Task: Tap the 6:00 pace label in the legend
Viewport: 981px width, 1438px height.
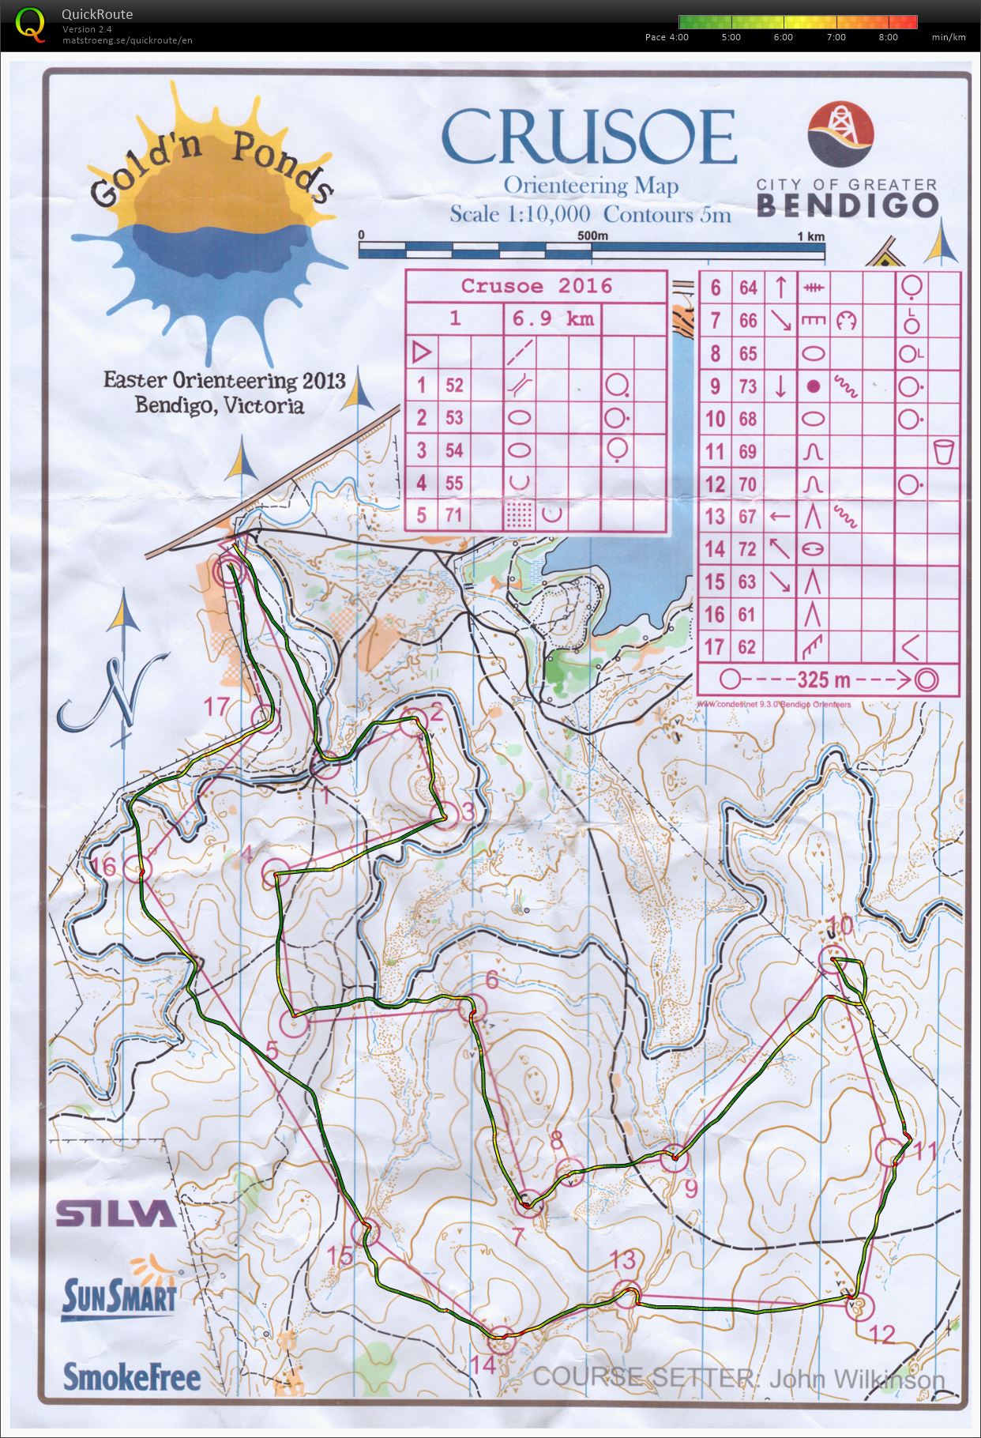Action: pos(783,37)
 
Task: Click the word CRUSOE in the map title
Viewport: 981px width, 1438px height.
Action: pos(588,136)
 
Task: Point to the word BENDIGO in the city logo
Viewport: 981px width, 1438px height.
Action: pos(847,205)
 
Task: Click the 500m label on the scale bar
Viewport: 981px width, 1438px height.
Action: pos(592,236)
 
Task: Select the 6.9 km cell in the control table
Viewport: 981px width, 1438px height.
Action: pos(552,319)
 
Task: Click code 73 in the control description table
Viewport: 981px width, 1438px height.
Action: pos(748,386)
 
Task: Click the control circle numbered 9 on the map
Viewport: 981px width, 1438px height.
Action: pos(674,1158)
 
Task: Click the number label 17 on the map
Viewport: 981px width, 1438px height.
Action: pos(216,706)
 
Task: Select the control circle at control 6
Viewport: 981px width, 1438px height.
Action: pos(470,1007)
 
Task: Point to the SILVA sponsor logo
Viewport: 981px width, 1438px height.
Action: pos(115,1213)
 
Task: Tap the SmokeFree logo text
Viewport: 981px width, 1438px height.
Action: pos(131,1376)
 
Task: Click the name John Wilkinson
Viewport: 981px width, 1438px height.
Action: pos(856,1380)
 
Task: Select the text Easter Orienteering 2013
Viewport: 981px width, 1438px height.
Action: pos(224,381)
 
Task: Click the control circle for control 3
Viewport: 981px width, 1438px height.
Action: pos(445,815)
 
